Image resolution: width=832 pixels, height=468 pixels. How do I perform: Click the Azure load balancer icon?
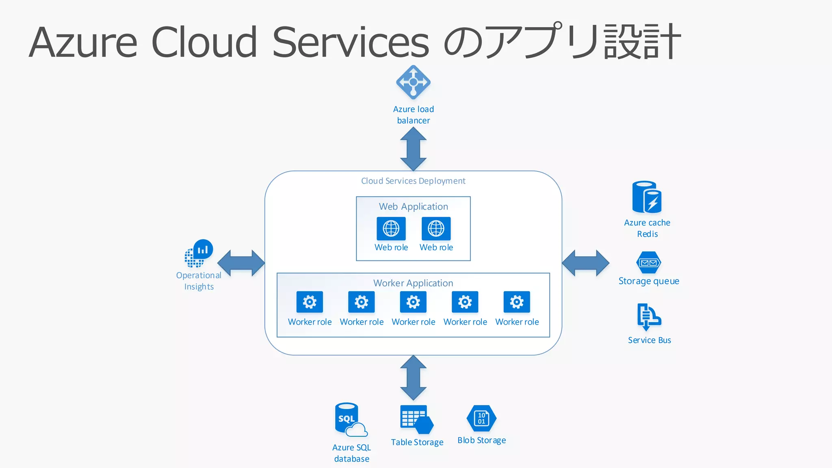coord(413,82)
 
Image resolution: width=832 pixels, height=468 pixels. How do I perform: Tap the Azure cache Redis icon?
coord(647,197)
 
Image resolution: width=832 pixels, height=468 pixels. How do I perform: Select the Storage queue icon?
coord(648,263)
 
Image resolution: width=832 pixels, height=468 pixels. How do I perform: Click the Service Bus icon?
coord(648,317)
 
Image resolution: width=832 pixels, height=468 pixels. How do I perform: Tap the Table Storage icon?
coord(416,419)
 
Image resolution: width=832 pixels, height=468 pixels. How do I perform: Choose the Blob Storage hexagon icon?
coord(481,418)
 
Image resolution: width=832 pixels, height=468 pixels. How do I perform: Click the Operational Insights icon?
coord(199,253)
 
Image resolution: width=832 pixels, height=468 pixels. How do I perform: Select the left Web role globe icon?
coord(391,229)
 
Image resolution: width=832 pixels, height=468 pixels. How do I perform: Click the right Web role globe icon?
coord(436,229)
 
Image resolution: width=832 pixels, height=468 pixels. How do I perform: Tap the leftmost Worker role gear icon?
coord(310,302)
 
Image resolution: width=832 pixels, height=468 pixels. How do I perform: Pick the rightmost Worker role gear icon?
coord(517,302)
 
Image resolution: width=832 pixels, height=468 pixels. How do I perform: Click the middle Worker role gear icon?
coord(413,302)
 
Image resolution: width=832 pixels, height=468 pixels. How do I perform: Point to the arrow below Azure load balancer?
coord(413,149)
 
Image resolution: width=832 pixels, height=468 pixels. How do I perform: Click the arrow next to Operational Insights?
coord(241,263)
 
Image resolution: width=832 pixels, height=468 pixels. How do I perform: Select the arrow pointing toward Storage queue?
coord(585,263)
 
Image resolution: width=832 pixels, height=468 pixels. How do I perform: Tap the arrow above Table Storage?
coord(413,378)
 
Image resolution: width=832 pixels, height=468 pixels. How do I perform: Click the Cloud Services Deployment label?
coord(413,181)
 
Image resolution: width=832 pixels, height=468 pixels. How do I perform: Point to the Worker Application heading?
coord(413,283)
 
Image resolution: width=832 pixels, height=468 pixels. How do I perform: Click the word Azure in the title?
coord(83,43)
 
